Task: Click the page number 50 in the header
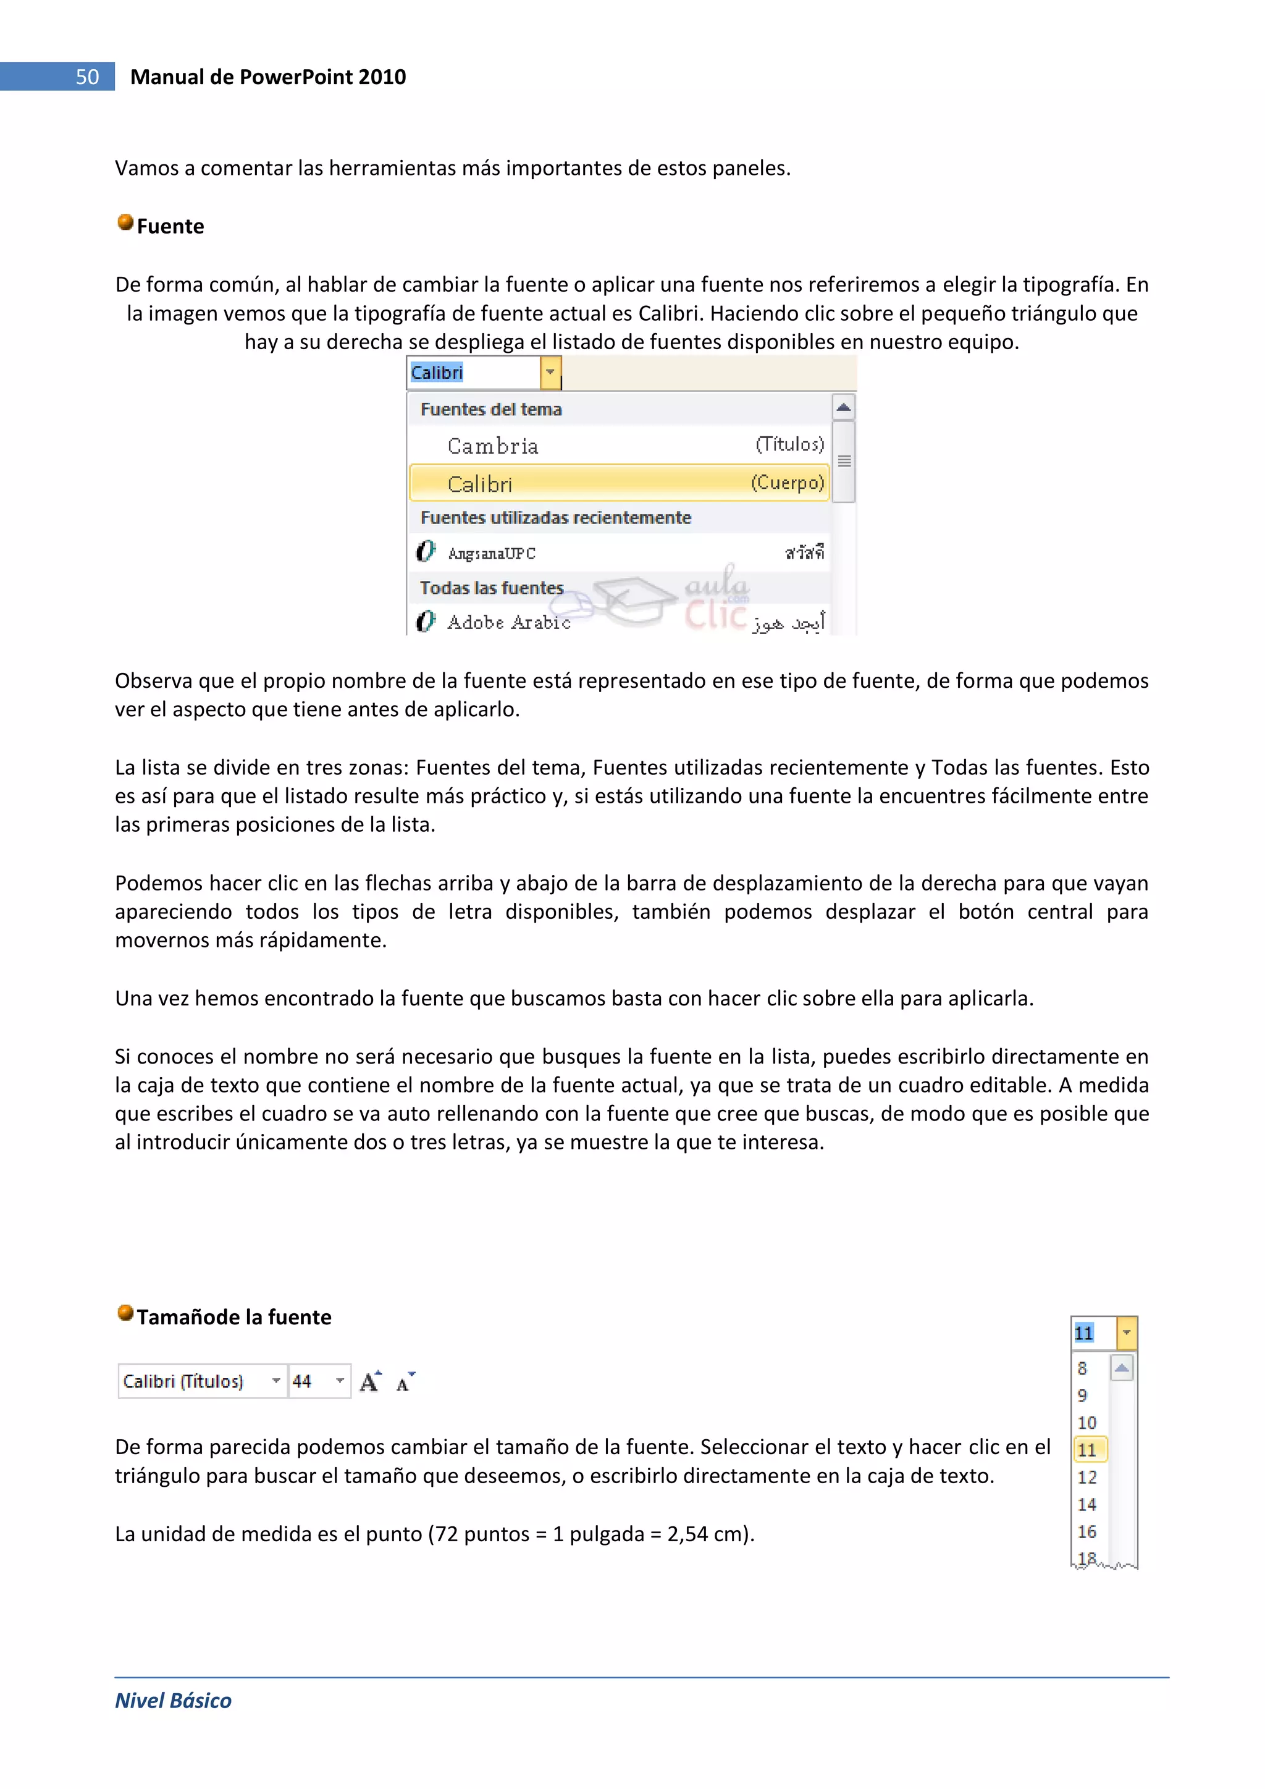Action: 87,77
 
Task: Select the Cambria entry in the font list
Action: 493,446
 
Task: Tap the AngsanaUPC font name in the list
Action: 492,553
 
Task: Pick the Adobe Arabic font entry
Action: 508,622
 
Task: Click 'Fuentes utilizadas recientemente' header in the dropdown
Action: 555,517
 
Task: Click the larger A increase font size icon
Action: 371,1382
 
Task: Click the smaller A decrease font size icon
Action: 405,1382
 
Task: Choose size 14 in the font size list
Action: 1086,1505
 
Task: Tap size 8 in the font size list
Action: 1083,1368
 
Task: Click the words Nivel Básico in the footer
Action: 173,1700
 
